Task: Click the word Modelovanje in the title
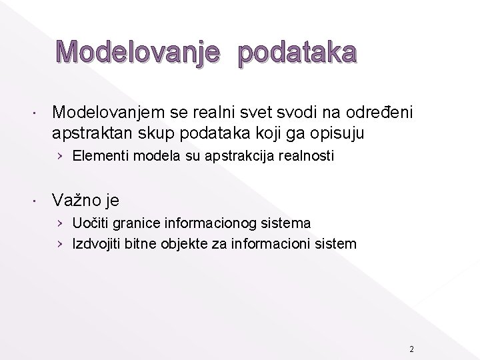(137, 53)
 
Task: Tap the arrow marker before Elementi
(61, 157)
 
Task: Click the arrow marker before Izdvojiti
(61, 244)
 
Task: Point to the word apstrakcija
(217, 157)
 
